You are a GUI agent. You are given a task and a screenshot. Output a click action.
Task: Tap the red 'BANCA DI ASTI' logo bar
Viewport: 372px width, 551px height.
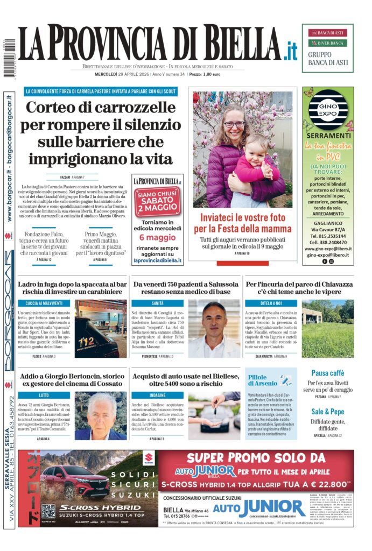[327, 33]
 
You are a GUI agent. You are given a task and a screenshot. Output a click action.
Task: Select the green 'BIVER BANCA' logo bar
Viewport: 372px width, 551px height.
[327, 43]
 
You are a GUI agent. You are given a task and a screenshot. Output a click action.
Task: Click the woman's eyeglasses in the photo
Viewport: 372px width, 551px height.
[234, 124]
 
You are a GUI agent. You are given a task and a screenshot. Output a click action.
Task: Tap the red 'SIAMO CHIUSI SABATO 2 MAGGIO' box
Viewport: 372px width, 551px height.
[157, 201]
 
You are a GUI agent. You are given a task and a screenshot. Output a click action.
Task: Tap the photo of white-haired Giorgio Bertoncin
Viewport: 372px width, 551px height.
[101, 415]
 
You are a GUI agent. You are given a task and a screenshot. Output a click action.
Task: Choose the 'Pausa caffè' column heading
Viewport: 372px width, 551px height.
[328, 373]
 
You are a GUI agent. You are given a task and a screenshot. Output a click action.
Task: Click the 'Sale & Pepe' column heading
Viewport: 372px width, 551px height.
[328, 411]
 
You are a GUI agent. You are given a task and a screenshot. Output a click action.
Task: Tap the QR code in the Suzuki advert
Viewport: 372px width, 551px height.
[48, 512]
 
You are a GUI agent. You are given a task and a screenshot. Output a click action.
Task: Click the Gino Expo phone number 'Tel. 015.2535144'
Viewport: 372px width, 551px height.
[327, 236]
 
